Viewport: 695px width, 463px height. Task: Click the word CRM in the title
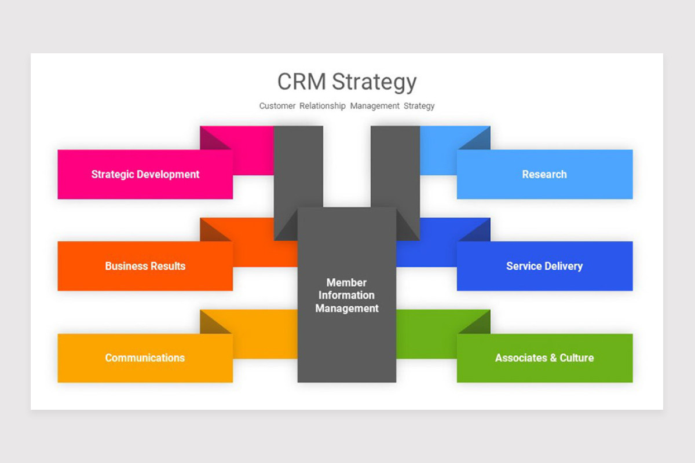point(302,82)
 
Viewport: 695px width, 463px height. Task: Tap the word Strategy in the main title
point(374,82)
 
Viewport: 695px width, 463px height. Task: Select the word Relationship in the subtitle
point(322,106)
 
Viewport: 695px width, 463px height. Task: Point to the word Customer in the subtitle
point(277,106)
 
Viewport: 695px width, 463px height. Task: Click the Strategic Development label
point(145,174)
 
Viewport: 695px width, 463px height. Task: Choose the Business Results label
point(145,266)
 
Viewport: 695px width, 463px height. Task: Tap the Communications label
point(145,358)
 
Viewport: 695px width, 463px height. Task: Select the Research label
point(544,174)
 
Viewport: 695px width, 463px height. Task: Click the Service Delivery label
point(544,266)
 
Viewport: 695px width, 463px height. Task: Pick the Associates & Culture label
point(544,358)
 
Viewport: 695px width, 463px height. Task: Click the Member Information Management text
point(347,295)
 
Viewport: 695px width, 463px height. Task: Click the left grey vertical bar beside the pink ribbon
point(298,168)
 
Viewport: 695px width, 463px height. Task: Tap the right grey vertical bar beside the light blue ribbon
point(395,168)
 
